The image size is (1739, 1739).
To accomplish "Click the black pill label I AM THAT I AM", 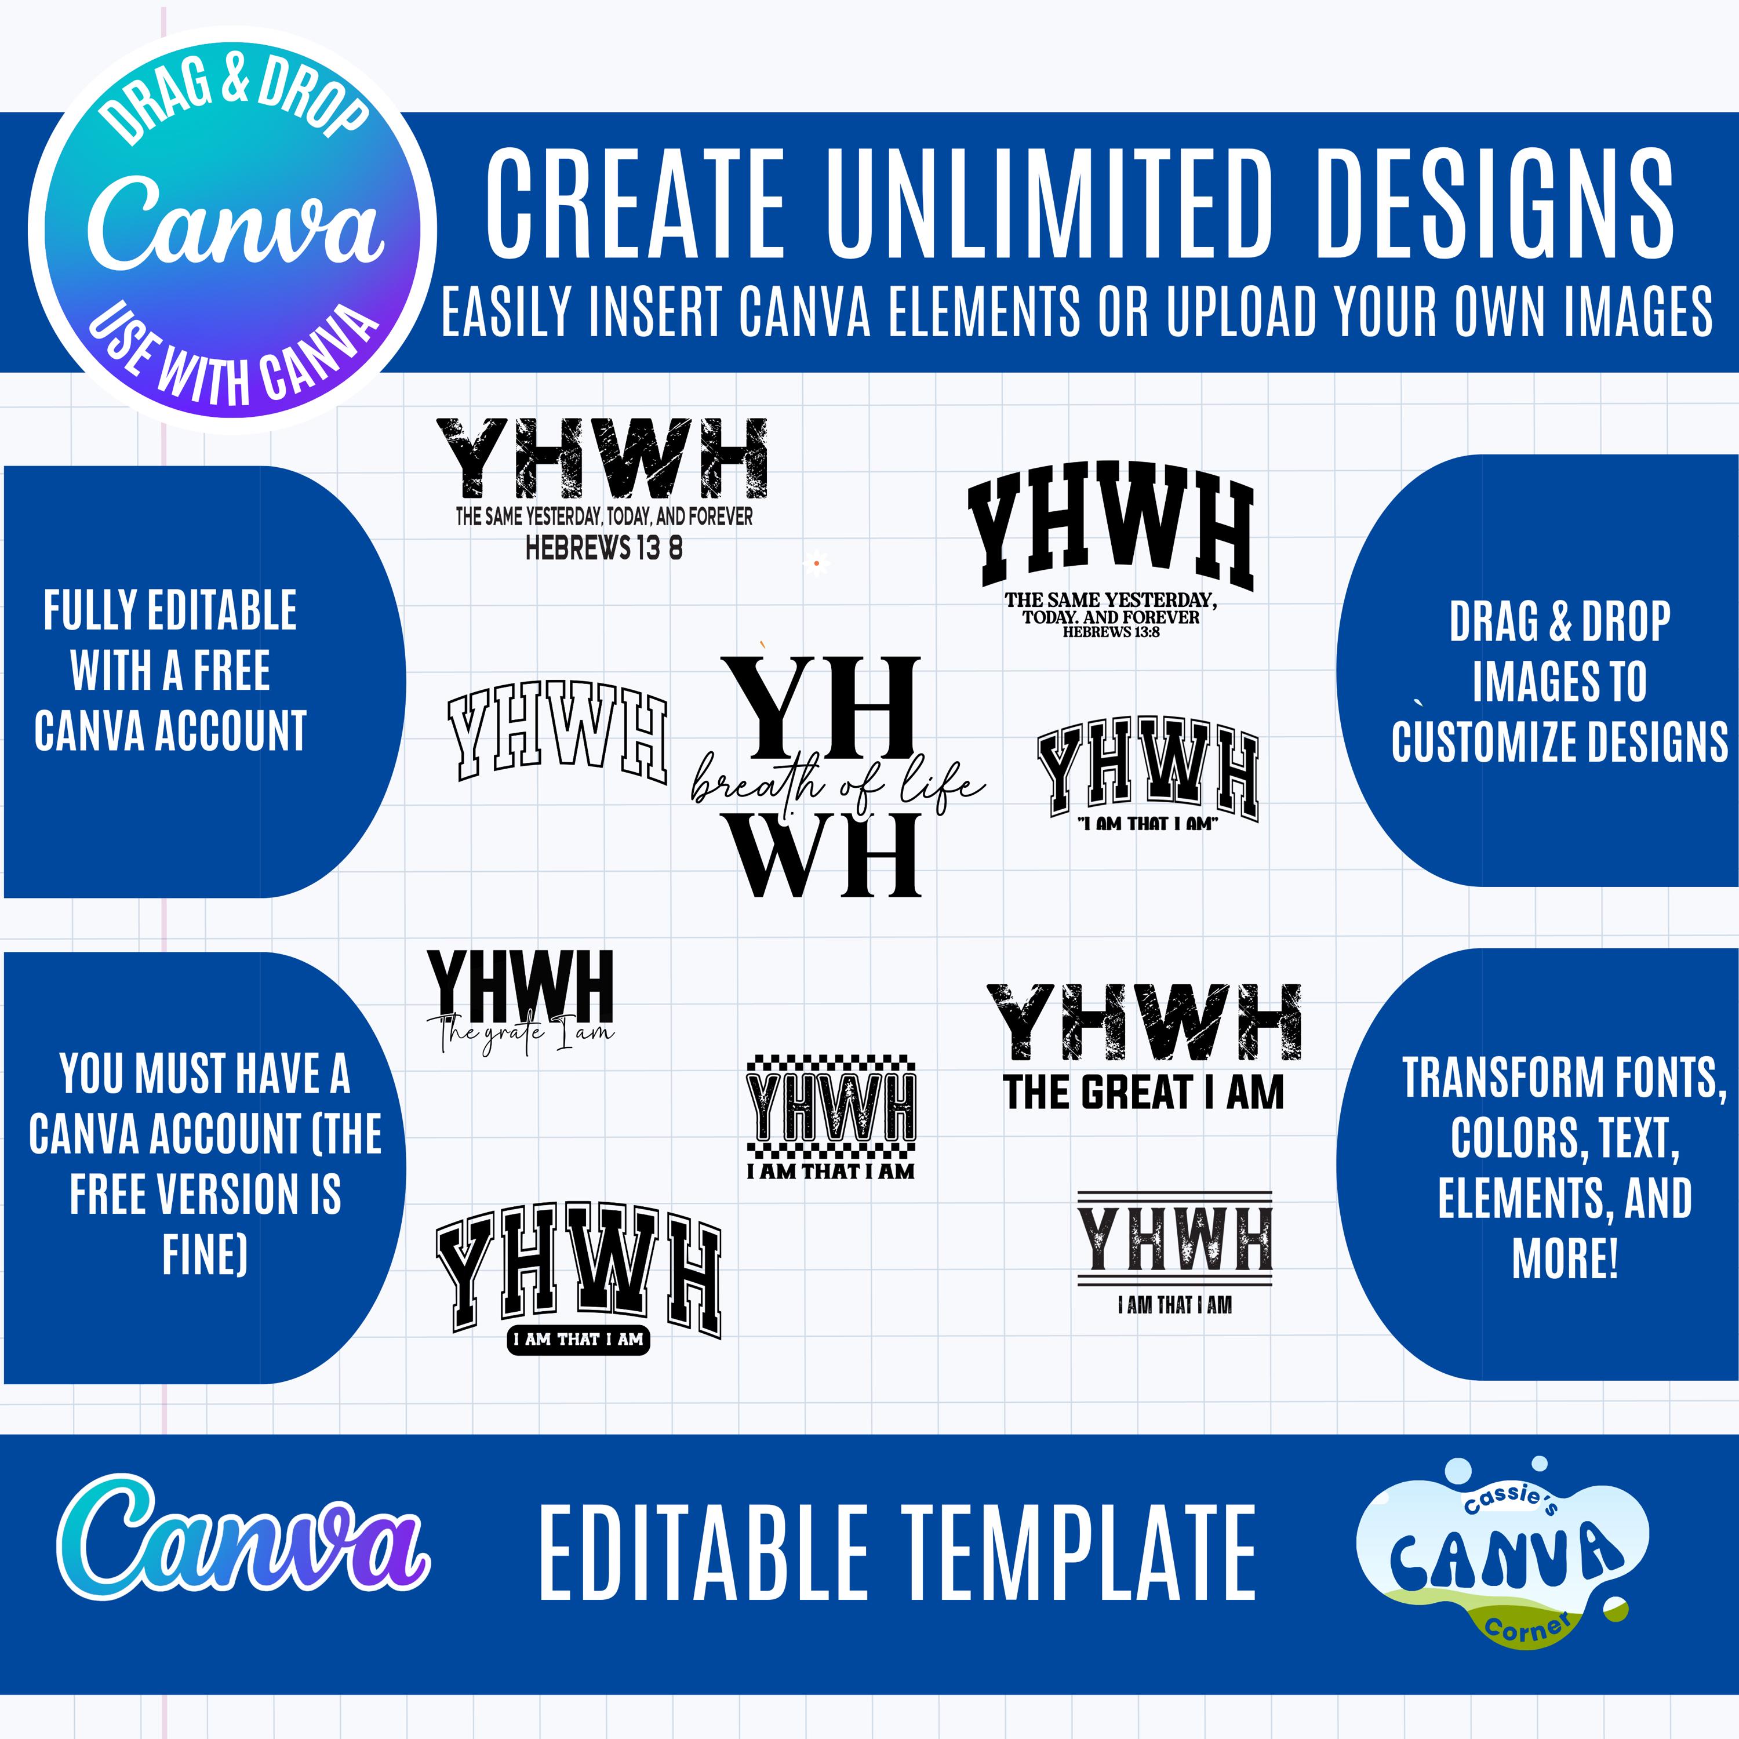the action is pos(578,1340).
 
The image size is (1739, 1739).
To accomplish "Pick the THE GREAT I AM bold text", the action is pos(1143,1093).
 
